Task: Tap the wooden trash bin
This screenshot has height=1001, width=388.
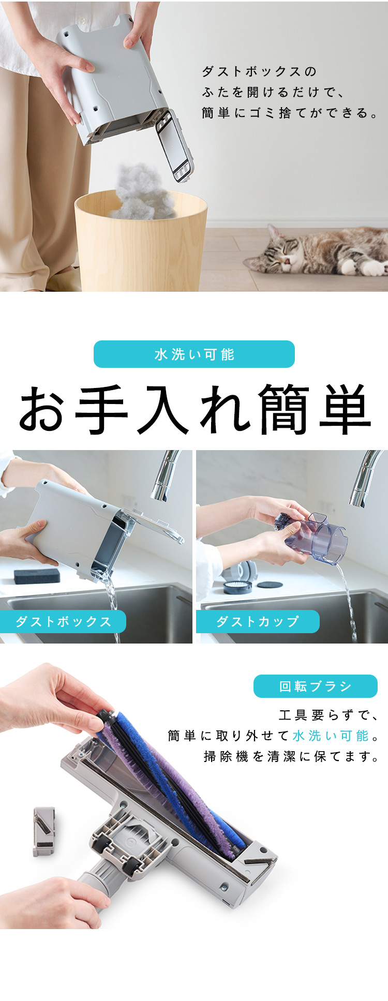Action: tap(141, 243)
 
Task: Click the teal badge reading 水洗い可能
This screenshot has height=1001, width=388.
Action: tap(194, 354)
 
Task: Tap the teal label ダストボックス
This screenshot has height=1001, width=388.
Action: tap(63, 621)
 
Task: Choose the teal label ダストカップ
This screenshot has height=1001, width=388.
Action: tap(258, 621)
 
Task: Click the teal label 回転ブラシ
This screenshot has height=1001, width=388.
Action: tap(316, 686)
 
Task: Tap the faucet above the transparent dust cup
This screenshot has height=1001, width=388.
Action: tap(365, 479)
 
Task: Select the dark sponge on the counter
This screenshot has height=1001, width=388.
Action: tap(36, 576)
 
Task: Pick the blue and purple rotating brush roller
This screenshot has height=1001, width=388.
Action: tap(171, 779)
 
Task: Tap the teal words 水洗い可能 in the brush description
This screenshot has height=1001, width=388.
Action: tap(331, 736)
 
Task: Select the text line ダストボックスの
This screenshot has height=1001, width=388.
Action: tap(259, 71)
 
